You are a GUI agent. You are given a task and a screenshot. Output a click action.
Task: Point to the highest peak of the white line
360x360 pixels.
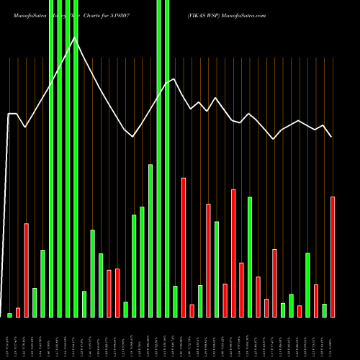[75, 38]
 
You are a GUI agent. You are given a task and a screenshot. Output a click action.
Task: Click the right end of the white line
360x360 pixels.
[332, 136]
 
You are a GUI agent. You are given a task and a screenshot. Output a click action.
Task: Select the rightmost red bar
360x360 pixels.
[333, 256]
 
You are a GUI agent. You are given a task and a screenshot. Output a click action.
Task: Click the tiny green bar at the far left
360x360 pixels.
[9, 315]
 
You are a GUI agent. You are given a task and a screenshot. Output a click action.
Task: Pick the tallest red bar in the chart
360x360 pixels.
[183, 247]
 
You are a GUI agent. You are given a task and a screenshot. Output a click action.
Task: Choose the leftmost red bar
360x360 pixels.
[18, 312]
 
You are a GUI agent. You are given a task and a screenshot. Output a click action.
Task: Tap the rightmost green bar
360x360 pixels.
[324, 310]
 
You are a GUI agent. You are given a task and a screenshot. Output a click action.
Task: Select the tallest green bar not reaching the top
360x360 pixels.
[150, 240]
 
